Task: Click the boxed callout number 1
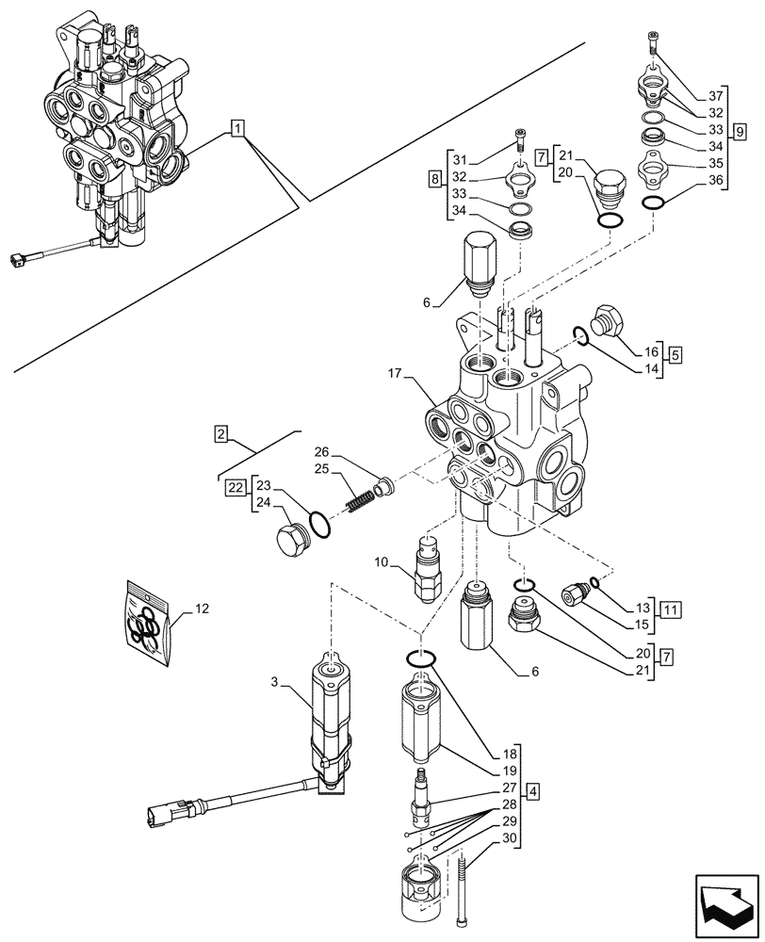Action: coord(238,127)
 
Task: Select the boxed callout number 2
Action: coord(220,434)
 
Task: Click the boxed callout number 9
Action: coord(738,128)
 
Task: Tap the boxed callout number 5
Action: coord(675,355)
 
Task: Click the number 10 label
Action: coord(381,563)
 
